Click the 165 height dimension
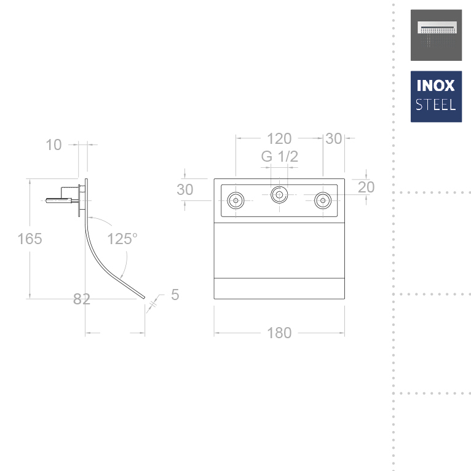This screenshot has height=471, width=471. tap(30, 239)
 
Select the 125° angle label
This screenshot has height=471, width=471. tap(122, 239)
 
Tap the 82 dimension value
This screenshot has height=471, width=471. tap(82, 299)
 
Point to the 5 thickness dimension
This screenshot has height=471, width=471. tap(175, 295)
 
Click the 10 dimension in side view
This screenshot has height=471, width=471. tap(54, 144)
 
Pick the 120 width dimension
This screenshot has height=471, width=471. tap(279, 139)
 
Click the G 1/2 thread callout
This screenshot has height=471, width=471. tap(279, 157)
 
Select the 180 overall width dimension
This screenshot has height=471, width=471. tap(279, 333)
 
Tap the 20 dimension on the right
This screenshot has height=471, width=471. tap(366, 187)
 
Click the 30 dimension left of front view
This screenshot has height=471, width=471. tap(185, 189)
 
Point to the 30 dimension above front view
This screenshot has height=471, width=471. tap(333, 139)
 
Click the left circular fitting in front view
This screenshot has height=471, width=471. tap(236, 200)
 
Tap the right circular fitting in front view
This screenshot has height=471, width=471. tap(323, 200)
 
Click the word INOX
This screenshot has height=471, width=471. tap(436, 85)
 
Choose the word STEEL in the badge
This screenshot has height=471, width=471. tap(436, 104)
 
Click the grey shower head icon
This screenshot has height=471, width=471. tap(436, 34)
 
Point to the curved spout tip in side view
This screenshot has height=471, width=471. tap(143, 298)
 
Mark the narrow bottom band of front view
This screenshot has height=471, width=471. tap(279, 289)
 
